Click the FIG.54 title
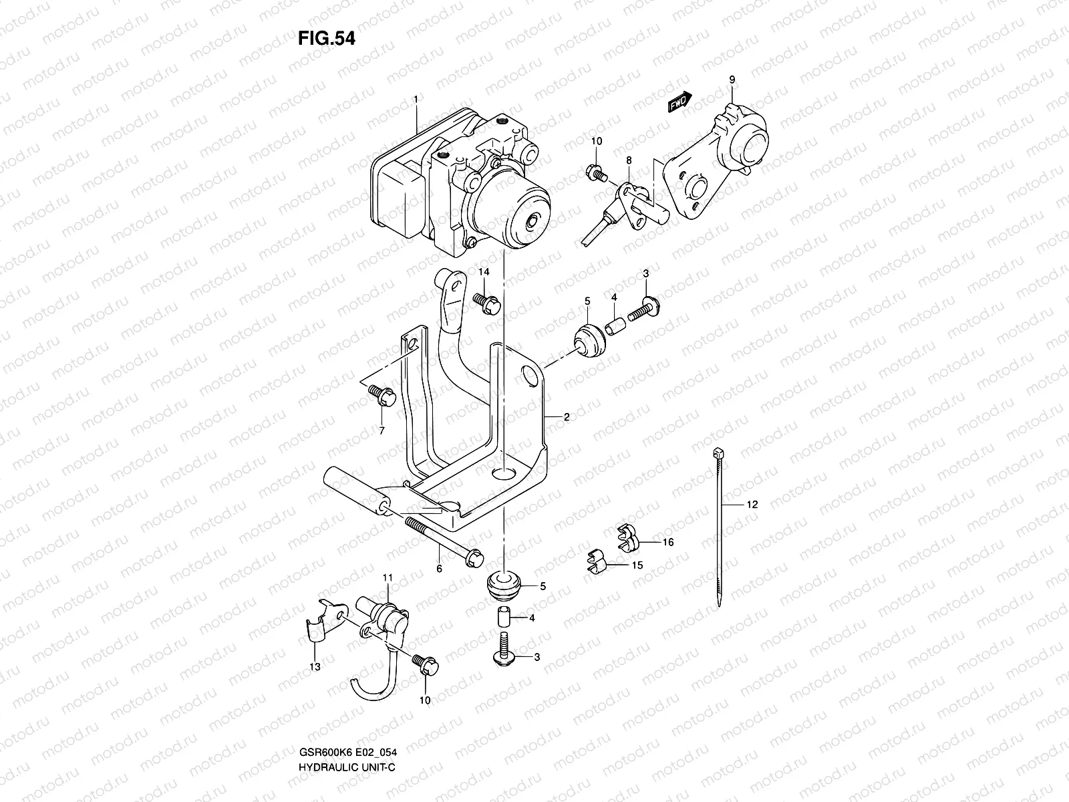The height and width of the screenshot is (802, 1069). [x=327, y=39]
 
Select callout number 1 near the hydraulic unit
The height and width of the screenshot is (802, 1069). [x=415, y=99]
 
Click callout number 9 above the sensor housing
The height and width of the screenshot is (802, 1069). [x=732, y=80]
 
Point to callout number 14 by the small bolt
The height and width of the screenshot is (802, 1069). [x=484, y=271]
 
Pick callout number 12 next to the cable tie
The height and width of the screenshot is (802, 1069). [x=752, y=505]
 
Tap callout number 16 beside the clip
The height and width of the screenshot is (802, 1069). [x=668, y=542]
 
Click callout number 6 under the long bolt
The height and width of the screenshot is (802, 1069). [x=439, y=569]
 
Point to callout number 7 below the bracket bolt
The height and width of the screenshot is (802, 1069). [x=381, y=430]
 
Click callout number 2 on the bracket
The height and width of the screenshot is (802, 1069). [x=566, y=417]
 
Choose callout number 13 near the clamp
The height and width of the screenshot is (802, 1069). [x=315, y=666]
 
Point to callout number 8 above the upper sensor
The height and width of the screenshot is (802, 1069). [x=628, y=160]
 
